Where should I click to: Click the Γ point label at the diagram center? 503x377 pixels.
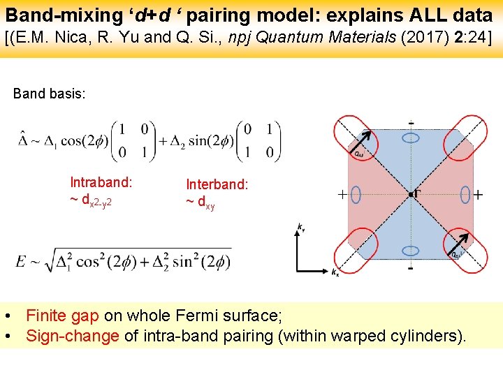(x=417, y=191)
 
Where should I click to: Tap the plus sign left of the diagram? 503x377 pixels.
(x=342, y=195)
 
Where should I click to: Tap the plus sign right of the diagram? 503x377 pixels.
(x=478, y=195)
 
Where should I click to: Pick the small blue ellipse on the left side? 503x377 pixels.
(x=356, y=195)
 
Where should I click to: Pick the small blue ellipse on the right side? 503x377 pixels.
(x=465, y=195)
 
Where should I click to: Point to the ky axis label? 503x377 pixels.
(x=300, y=227)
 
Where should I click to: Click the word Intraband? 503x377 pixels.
(x=101, y=182)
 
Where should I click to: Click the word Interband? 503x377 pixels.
(x=217, y=184)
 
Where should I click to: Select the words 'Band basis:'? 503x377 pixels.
(x=50, y=93)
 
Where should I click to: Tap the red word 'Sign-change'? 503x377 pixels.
(x=73, y=336)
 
